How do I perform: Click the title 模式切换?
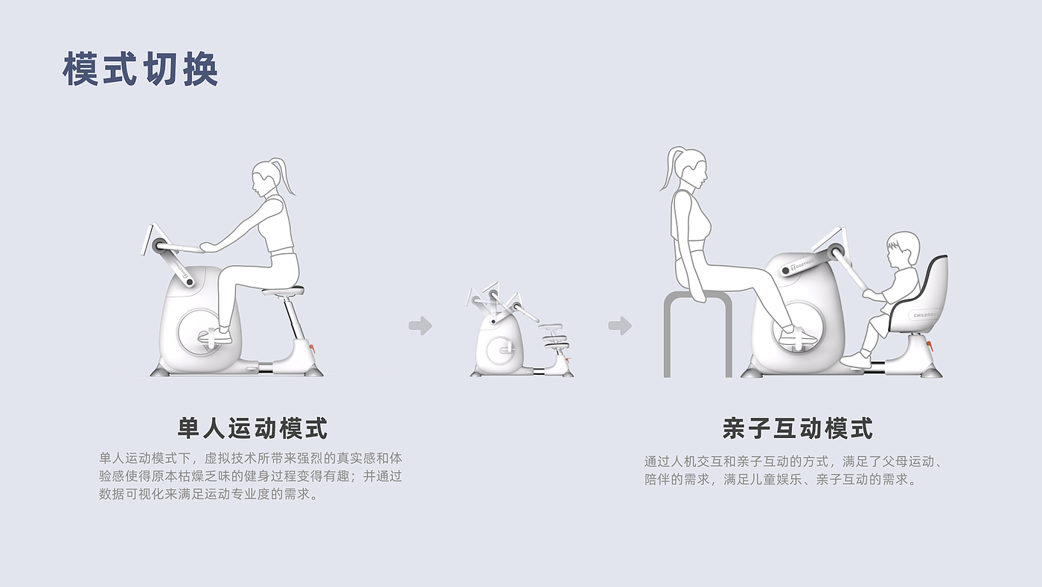(141, 69)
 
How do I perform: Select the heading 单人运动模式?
(252, 428)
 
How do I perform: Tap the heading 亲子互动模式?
(797, 428)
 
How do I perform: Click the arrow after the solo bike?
(421, 326)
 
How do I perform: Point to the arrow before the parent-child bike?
(620, 326)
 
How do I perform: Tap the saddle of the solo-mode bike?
(283, 291)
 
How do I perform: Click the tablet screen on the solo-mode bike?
(149, 238)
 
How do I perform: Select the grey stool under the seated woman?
(698, 334)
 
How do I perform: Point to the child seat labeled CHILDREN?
(921, 298)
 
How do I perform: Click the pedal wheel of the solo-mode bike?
(200, 332)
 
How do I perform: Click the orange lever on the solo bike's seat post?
(312, 348)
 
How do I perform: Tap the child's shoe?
(856, 360)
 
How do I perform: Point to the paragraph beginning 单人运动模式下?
(250, 476)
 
